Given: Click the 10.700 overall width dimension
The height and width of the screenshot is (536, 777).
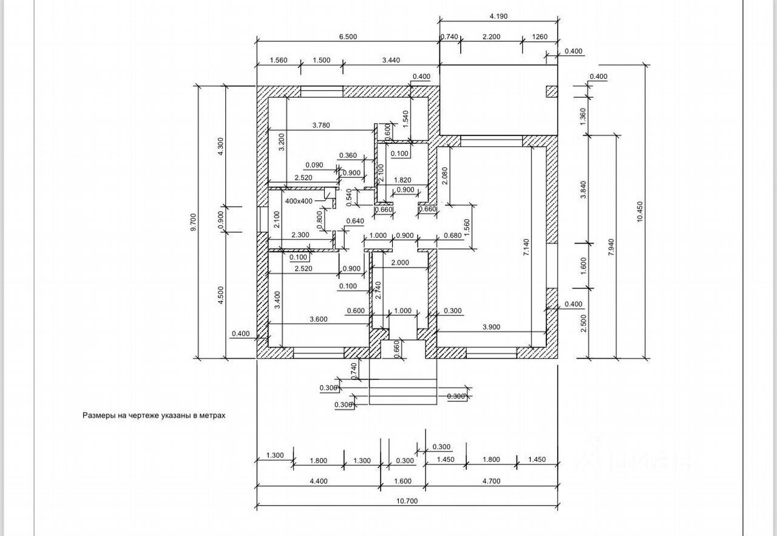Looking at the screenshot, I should tap(408, 501).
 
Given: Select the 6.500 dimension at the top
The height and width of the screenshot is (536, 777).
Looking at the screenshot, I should tap(347, 36).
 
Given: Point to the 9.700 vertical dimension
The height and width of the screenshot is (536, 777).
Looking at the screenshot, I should tap(194, 222).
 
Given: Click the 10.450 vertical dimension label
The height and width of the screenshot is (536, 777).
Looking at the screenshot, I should tap(639, 211).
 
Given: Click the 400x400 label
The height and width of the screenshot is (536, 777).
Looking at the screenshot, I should tap(299, 201).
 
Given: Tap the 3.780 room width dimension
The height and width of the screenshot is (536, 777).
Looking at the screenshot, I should tap(322, 126).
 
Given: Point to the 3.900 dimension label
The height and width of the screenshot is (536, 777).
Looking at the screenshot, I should tap(491, 327).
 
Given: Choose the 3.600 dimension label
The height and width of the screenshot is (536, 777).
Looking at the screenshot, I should tap(319, 319).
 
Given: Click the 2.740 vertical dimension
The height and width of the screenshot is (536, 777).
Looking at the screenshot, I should tap(378, 291).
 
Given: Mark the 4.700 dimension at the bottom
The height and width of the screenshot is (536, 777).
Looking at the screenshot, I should tap(491, 481).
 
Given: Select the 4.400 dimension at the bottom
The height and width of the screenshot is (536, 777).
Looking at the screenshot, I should tap(318, 481).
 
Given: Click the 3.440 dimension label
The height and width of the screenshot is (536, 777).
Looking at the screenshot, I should tap(391, 59).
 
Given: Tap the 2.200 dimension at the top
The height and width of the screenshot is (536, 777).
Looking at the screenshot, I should tap(491, 36).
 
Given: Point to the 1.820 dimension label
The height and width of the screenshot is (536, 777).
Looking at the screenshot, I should tap(403, 180).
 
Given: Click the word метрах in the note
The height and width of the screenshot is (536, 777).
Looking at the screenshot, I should tap(212, 416).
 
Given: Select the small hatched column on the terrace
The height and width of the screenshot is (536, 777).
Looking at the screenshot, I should tap(551, 92).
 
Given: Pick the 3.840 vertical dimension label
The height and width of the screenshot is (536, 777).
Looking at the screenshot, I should tap(584, 189).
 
